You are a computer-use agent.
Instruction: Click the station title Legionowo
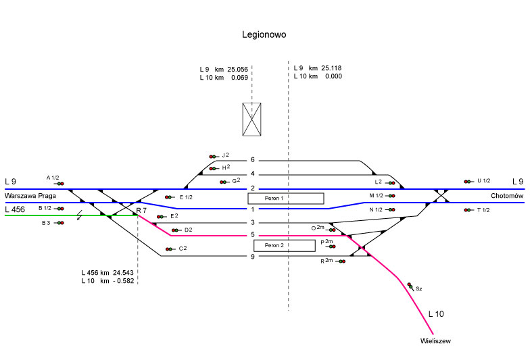point(264,34)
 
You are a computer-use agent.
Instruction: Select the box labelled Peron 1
point(285,199)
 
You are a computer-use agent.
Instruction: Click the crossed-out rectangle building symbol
point(251,120)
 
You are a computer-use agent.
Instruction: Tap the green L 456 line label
point(16,209)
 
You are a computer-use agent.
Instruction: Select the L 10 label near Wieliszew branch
point(437,314)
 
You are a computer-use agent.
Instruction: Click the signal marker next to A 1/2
point(59,184)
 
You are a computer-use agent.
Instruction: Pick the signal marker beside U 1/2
point(468,181)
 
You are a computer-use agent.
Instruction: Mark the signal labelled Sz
point(410,286)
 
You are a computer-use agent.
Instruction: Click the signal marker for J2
point(214,156)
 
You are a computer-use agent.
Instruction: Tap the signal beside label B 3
point(59,222)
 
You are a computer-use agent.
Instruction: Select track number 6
point(252,160)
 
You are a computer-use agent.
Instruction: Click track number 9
point(252,256)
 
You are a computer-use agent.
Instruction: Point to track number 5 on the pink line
point(252,235)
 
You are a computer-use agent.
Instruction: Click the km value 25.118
point(331,68)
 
